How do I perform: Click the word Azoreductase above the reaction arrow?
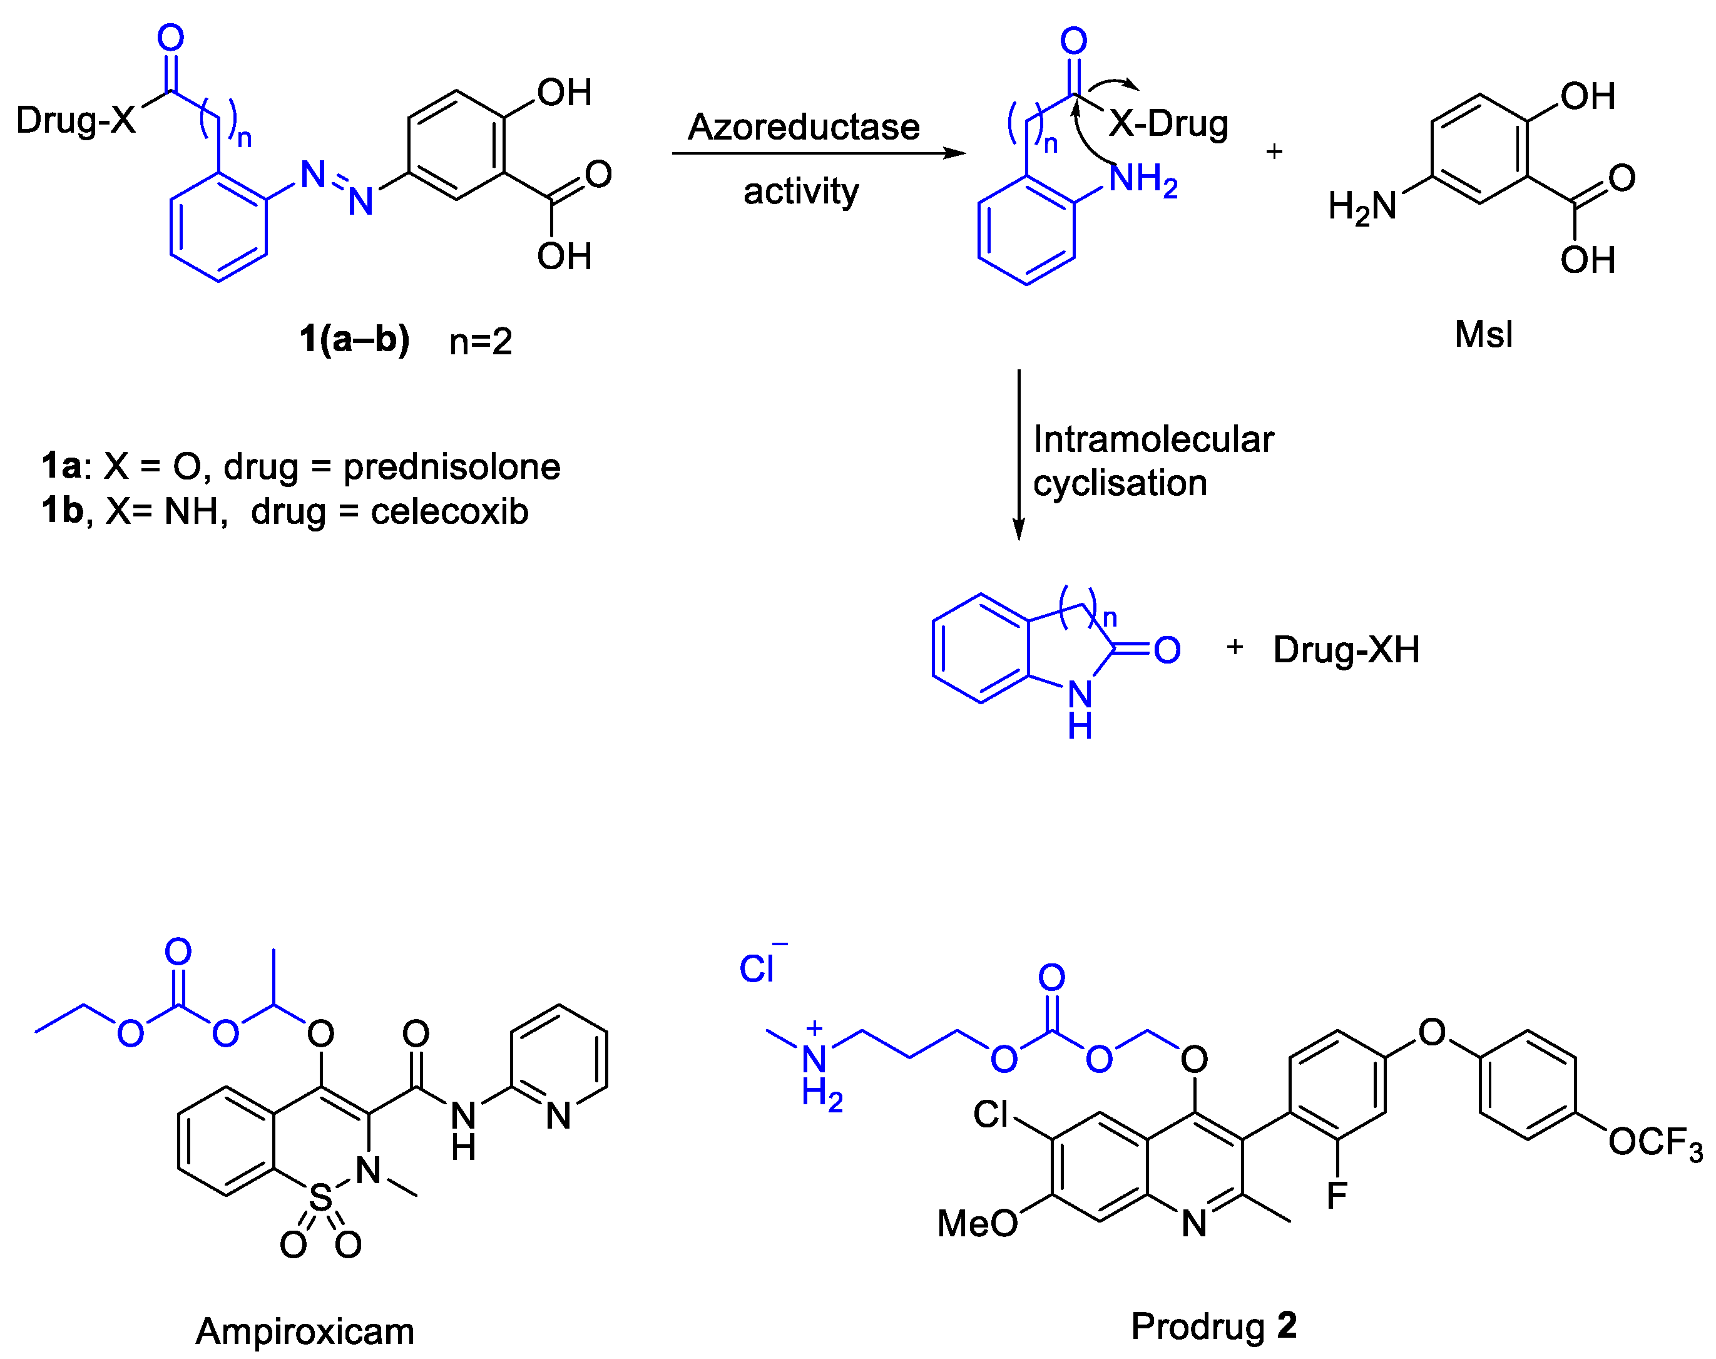pyautogui.click(x=803, y=126)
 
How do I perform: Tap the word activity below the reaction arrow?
pyautogui.click(x=800, y=191)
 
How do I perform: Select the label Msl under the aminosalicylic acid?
pyautogui.click(x=1483, y=334)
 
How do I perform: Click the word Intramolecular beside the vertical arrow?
pyautogui.click(x=1153, y=439)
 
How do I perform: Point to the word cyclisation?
pyautogui.click(x=1120, y=483)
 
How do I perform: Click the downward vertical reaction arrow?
pyautogui.click(x=1018, y=454)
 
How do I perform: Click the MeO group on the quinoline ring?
pyautogui.click(x=977, y=1223)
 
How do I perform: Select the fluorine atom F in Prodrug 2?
pyautogui.click(x=1337, y=1195)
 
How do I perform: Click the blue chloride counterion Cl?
pyautogui.click(x=757, y=969)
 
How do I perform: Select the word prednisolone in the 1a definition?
pyautogui.click(x=451, y=466)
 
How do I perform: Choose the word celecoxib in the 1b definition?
pyautogui.click(x=449, y=511)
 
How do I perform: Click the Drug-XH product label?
pyautogui.click(x=1346, y=649)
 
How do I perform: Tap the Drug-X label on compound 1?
pyautogui.click(x=76, y=120)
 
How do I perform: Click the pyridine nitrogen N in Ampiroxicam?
pyautogui.click(x=558, y=1115)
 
